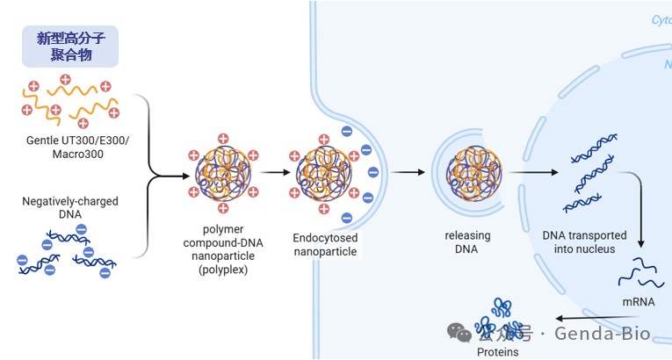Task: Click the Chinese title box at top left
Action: [x=69, y=47]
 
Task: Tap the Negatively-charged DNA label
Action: [x=69, y=208]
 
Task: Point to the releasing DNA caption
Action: [x=467, y=242]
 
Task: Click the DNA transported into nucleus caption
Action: [x=584, y=242]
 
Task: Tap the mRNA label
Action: [x=638, y=302]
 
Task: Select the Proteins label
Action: [x=497, y=352]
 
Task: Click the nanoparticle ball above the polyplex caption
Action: [x=223, y=173]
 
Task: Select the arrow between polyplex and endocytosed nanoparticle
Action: [x=274, y=173]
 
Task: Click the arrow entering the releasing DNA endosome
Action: [x=403, y=173]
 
